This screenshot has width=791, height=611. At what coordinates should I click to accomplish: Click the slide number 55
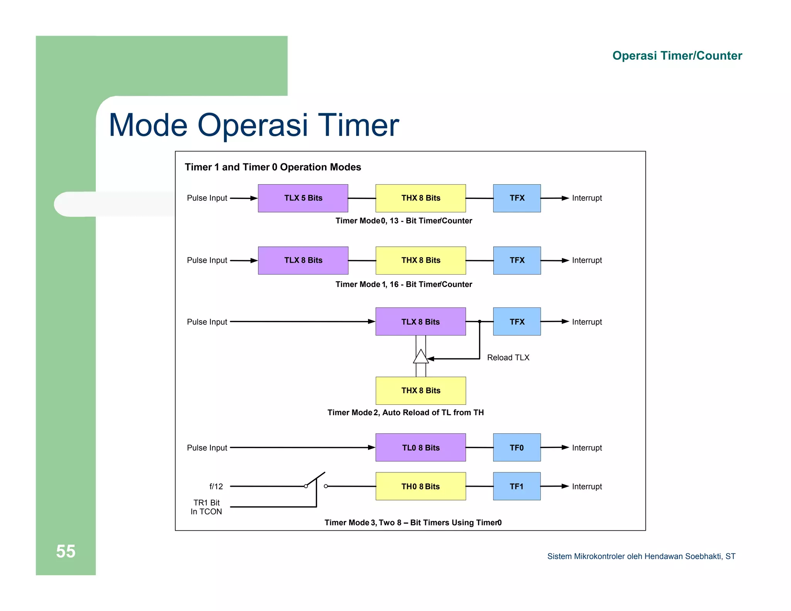66,551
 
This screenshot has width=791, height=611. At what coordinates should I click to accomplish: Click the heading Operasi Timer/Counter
677,56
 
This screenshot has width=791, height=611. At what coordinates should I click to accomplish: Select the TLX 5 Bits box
303,198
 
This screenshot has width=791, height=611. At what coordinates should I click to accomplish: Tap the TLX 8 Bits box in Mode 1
303,260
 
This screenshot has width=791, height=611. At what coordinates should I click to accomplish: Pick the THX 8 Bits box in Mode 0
421,198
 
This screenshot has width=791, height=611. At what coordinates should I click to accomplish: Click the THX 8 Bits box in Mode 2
421,390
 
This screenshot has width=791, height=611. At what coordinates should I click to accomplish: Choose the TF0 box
516,448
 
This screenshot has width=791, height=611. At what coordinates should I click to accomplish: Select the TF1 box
516,486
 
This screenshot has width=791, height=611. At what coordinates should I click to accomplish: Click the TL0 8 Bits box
421,448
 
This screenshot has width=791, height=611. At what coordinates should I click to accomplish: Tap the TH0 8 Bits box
421,486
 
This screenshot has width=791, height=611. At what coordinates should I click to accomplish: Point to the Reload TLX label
508,358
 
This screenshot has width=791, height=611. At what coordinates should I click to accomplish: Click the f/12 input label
216,487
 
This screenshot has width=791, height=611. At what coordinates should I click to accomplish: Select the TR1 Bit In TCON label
206,507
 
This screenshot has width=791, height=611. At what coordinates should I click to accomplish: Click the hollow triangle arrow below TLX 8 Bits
421,357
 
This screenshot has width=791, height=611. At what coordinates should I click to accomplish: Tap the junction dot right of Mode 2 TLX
480,321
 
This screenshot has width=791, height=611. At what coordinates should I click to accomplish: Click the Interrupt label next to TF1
587,487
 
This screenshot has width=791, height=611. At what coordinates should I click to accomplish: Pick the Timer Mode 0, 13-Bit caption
404,221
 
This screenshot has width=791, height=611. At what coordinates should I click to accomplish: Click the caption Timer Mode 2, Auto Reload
406,412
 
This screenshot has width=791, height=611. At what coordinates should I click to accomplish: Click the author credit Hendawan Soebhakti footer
641,556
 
